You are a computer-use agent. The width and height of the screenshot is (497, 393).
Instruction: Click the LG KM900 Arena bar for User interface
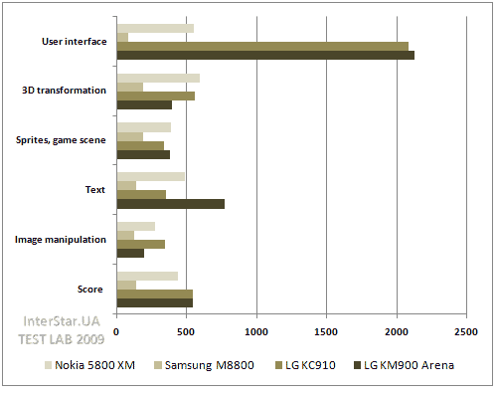coord(265,55)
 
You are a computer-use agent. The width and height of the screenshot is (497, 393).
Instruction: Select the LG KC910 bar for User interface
coord(262,46)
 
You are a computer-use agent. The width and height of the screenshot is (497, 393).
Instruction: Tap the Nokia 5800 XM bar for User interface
coord(155,28)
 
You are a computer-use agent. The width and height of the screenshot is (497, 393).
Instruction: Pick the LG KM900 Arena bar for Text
coord(170,203)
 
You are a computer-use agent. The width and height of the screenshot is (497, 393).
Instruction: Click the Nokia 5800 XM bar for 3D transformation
coord(158,78)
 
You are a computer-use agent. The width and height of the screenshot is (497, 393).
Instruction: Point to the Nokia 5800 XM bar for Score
coord(147,276)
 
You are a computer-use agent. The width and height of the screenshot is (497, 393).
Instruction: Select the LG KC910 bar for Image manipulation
coord(140,244)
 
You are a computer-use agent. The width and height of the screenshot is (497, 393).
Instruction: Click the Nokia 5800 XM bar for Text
coord(150,177)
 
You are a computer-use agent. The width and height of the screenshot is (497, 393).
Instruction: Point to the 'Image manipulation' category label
coord(61,239)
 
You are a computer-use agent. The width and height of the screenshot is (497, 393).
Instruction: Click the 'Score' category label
coord(91,289)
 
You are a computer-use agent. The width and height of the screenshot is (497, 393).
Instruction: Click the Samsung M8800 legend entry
coord(209,365)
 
